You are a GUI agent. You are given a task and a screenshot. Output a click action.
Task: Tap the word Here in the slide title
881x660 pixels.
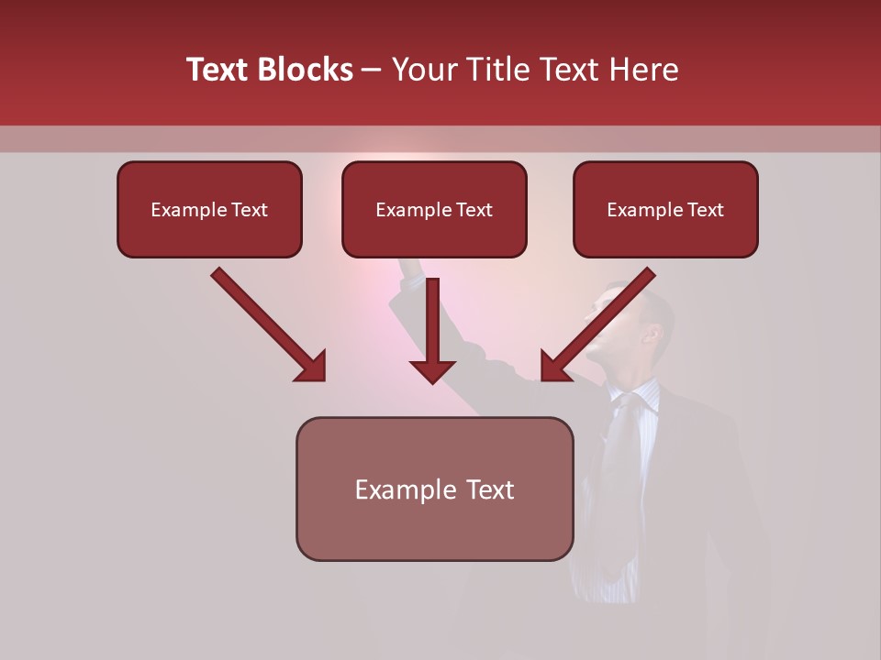click(x=641, y=70)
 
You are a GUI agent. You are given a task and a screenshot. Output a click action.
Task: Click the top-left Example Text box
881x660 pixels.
click(x=209, y=210)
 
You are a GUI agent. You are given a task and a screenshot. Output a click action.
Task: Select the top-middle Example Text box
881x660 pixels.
click(x=434, y=210)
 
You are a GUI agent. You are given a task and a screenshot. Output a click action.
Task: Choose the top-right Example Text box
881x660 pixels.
click(x=665, y=210)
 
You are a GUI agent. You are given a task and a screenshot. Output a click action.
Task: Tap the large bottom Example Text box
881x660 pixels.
click(x=434, y=489)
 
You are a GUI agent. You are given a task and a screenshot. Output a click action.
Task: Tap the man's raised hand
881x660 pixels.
click(x=410, y=268)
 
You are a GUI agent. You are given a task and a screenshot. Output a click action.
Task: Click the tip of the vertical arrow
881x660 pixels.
click(x=432, y=380)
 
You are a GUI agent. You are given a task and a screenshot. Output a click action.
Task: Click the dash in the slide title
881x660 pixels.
click(x=372, y=70)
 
